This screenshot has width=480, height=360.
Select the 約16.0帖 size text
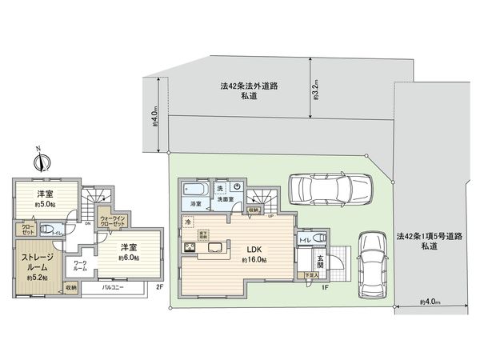pyautogui.click(x=253, y=260)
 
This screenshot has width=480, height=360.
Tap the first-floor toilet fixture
pyautogui.click(x=319, y=238)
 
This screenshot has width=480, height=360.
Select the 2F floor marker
pyautogui.click(x=160, y=286)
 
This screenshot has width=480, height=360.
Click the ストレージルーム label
pyautogui.click(x=33, y=263)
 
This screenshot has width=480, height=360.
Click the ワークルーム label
pyautogui.click(x=80, y=266)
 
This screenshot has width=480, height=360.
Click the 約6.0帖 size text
pyautogui.click(x=130, y=258)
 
